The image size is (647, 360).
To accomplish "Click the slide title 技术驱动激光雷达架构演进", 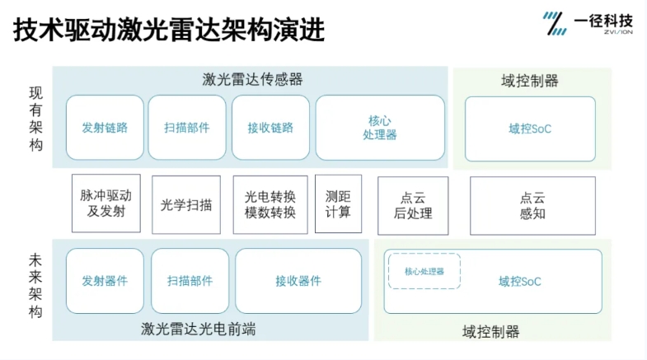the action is (169, 30).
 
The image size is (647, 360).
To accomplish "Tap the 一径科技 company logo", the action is (587, 23).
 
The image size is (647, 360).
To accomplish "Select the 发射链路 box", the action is (105, 128).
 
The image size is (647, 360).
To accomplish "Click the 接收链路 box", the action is (270, 128).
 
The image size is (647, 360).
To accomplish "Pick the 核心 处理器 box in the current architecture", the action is (380, 128).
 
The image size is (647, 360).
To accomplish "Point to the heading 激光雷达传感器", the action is (252, 79).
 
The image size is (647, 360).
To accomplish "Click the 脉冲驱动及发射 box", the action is (106, 203).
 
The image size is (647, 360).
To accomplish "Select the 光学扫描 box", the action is (186, 204).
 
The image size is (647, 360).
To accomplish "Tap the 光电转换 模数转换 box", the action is (270, 204).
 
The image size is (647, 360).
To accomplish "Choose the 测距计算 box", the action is (339, 203).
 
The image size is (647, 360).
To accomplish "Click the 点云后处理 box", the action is (413, 206).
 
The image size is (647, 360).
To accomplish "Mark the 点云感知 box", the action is (532, 206).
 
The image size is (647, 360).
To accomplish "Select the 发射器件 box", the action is (105, 281).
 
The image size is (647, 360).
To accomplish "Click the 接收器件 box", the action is (298, 281).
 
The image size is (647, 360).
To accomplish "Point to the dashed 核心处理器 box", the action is (424, 271).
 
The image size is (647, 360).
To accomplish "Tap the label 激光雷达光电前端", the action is (198, 329).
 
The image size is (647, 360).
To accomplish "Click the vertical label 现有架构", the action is (36, 119).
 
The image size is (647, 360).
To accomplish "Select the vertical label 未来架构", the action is (36, 286).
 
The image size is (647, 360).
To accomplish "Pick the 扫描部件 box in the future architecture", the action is (190, 281).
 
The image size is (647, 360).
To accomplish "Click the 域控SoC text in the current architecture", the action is (530, 129).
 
